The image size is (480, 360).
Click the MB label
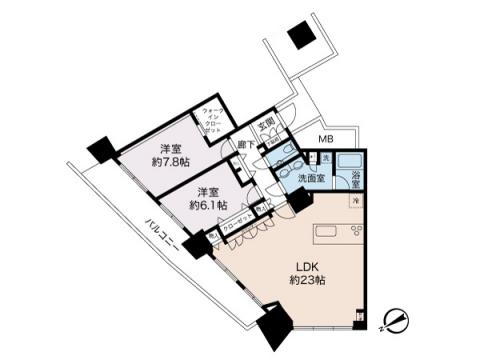[x=326, y=138]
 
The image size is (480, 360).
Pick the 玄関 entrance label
[x=267, y=126]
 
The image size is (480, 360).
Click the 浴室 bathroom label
[x=358, y=180]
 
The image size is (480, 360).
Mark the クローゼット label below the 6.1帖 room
[x=237, y=228]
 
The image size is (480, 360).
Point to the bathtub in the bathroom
[x=352, y=160]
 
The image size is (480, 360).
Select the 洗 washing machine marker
[x=326, y=159]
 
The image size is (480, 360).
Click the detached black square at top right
[x=298, y=37]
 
